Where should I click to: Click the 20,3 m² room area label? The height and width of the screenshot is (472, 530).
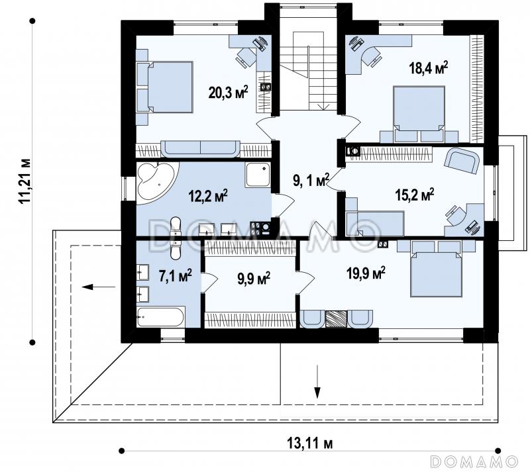pyautogui.click(x=228, y=92)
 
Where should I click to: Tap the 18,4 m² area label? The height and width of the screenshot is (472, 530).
pyautogui.click(x=429, y=68)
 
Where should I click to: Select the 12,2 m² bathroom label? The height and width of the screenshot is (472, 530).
pyautogui.click(x=208, y=196)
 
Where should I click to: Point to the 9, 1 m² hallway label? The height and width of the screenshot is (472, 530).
pyautogui.click(x=311, y=181)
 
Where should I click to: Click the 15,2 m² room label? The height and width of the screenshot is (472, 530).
pyautogui.click(x=415, y=195)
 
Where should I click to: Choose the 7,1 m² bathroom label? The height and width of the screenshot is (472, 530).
pyautogui.click(x=176, y=275)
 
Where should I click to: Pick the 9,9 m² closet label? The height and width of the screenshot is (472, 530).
pyautogui.click(x=254, y=279)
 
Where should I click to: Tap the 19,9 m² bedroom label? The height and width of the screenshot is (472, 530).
pyautogui.click(x=366, y=273)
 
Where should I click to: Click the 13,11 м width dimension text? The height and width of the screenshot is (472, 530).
pyautogui.click(x=309, y=443)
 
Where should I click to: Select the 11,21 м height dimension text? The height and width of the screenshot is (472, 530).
pyautogui.click(x=25, y=181)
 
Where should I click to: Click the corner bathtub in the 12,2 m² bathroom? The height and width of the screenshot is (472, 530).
pyautogui.click(x=155, y=182)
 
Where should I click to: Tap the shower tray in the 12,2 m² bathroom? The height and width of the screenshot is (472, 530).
pyautogui.click(x=258, y=175)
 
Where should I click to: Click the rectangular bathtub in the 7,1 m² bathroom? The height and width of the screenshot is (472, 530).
pyautogui.click(x=160, y=317)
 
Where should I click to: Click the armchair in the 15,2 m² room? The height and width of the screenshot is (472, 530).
pyautogui.click(x=462, y=162)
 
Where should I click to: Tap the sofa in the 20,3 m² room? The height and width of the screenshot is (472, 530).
pyautogui.click(x=201, y=149)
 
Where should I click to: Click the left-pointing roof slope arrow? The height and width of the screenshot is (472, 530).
pyautogui.click(x=99, y=287)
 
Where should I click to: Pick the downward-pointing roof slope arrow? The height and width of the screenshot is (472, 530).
pyautogui.click(x=317, y=381)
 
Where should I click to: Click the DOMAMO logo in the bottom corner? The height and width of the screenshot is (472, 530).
pyautogui.click(x=474, y=461)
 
